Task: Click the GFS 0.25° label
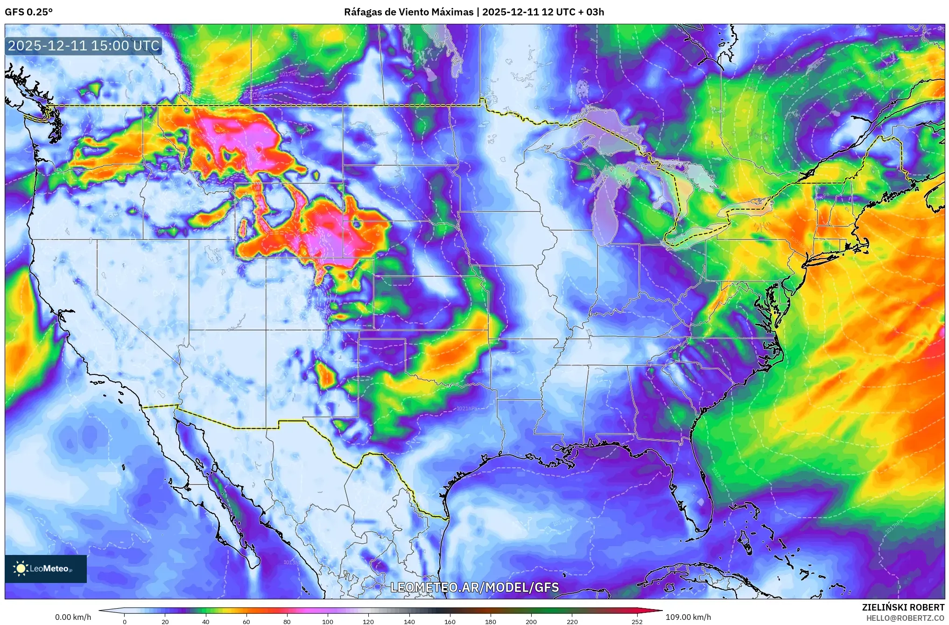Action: pos(28,12)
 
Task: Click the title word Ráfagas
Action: pos(362,12)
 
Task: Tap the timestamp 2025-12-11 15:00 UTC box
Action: pos(84,46)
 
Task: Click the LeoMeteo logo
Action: pos(46,569)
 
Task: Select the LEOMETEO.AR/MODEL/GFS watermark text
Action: pos(474,587)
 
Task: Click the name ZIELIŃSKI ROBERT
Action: pos(903,607)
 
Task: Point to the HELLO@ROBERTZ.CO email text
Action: pos(905,618)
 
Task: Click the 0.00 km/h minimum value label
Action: pos(73,617)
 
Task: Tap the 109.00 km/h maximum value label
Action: pos(688,617)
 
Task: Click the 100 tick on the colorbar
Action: pos(328,622)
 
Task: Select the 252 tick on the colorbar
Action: pos(637,622)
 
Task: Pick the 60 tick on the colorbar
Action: pos(246,622)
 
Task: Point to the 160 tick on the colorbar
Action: pos(450,622)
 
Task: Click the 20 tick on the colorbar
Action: pos(165,622)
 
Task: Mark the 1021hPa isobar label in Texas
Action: pos(467,408)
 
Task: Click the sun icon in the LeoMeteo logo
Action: pos(21,569)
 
